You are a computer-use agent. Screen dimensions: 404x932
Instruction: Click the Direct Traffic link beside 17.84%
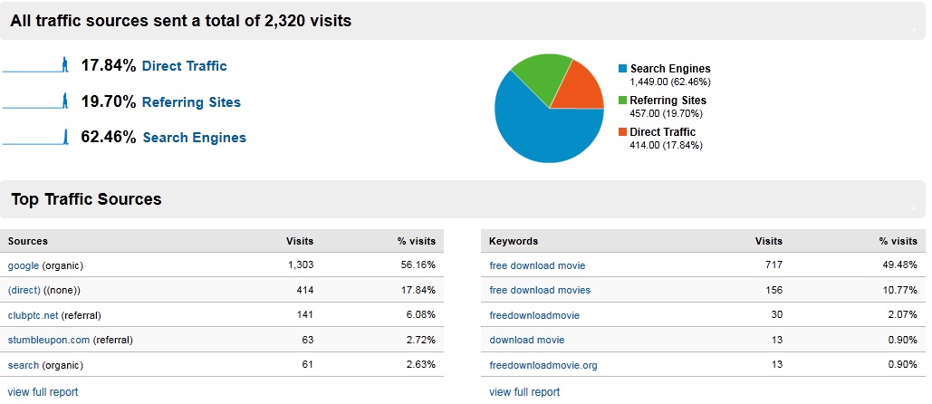(184, 66)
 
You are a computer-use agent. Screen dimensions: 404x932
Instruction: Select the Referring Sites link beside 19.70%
(191, 102)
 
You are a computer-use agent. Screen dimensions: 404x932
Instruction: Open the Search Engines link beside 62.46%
(194, 138)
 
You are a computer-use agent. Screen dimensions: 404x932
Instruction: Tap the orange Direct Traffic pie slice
(581, 89)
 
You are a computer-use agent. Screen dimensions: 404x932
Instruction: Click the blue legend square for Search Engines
(622, 69)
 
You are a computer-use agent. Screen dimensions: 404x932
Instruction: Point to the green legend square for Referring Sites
(622, 101)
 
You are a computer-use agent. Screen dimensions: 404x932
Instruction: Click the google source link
(24, 265)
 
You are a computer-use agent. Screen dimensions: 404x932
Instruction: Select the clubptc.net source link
(33, 315)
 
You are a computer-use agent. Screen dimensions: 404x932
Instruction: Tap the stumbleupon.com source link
(49, 340)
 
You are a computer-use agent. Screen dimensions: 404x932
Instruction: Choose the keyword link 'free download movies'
(539, 290)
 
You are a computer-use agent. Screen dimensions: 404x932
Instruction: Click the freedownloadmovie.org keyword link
(543, 365)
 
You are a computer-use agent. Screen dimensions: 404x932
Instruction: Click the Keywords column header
(513, 241)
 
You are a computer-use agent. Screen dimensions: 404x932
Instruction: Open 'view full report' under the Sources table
(43, 392)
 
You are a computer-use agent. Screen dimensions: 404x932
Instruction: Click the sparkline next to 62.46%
(36, 138)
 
